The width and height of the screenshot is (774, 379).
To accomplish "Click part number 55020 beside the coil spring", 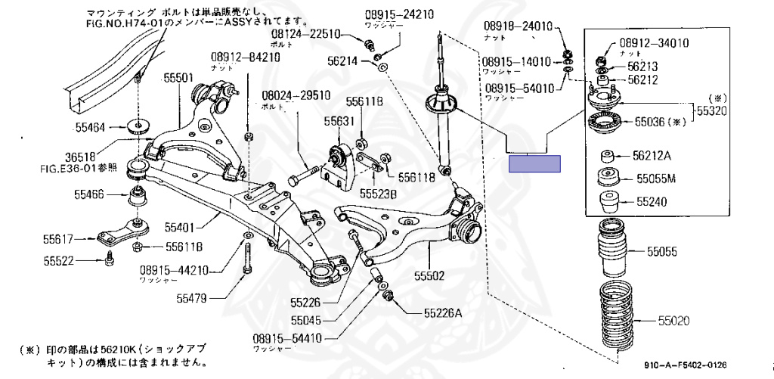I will [x=673, y=321].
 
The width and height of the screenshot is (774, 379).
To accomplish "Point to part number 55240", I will [x=651, y=203].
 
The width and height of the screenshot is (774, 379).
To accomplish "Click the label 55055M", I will [x=655, y=179].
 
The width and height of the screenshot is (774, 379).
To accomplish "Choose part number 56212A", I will [x=652, y=157].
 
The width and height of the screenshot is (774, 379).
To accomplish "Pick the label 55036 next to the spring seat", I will [x=649, y=120].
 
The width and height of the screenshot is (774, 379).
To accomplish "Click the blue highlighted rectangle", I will [x=534, y=164].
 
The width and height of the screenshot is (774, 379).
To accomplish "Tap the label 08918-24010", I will [x=519, y=27].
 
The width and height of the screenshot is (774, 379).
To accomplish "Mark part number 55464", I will [x=89, y=127].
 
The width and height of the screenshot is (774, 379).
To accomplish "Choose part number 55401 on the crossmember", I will [x=181, y=226].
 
